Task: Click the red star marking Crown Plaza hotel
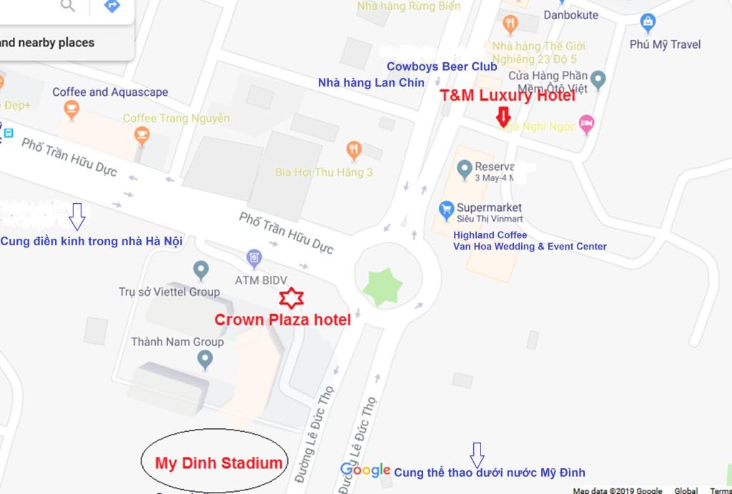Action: click(292, 297)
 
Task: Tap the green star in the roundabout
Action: click(383, 287)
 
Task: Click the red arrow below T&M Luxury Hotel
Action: click(503, 116)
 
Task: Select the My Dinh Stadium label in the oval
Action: click(219, 463)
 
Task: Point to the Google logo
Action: click(365, 470)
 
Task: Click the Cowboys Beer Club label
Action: click(442, 66)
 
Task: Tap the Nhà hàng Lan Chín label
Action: click(371, 83)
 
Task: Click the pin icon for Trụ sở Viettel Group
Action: click(201, 270)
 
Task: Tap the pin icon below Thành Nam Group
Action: click(205, 359)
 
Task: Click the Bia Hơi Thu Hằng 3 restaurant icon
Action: click(354, 150)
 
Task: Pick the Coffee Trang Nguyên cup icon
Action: click(142, 135)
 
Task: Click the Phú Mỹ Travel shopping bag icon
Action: click(648, 22)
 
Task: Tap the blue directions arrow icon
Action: click(112, 6)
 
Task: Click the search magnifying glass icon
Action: click(68, 6)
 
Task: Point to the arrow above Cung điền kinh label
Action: click(77, 214)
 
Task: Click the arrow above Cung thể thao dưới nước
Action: click(477, 453)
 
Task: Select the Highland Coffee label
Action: click(490, 235)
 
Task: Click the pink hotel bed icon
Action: click(586, 124)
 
